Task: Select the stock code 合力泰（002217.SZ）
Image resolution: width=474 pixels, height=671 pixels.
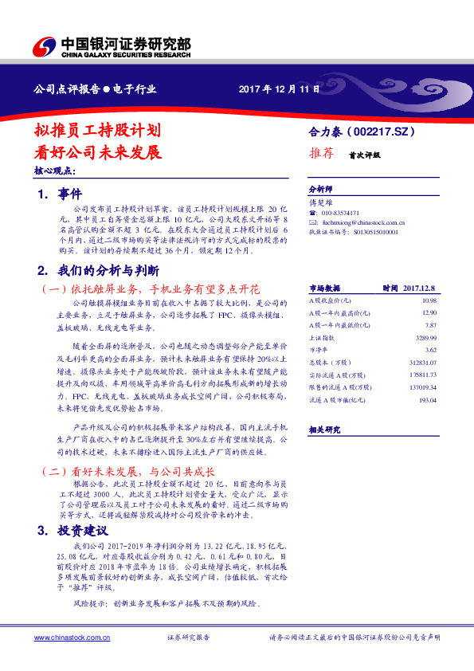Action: (362, 130)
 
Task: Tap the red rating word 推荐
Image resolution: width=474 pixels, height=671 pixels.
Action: (321, 154)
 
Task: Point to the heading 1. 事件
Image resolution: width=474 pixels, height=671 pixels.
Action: (59, 193)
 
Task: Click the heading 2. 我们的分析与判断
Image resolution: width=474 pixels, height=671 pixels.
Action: (98, 271)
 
